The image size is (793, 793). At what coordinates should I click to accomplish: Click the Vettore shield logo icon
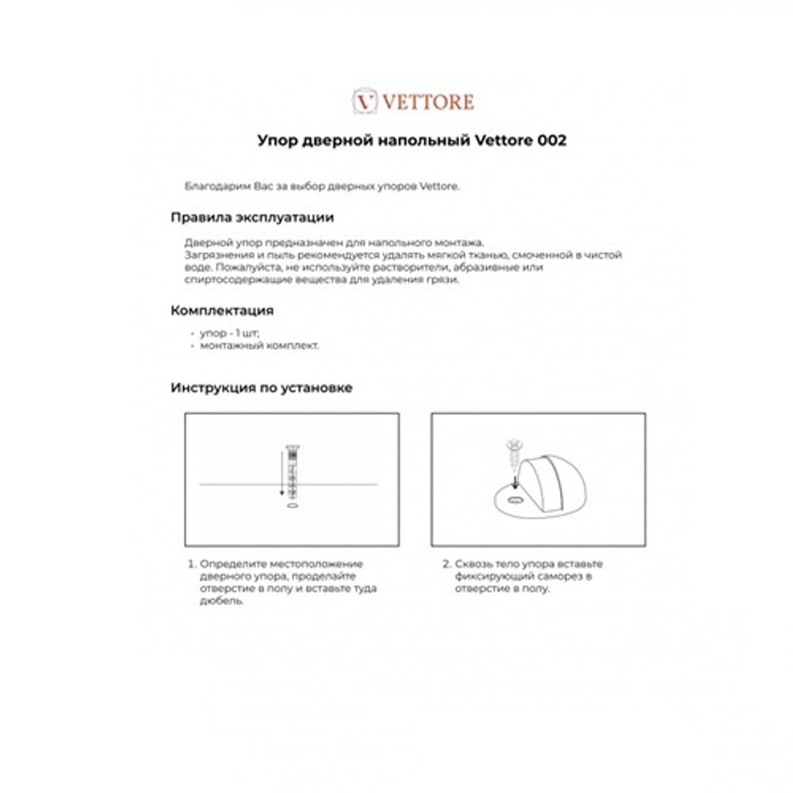(x=364, y=102)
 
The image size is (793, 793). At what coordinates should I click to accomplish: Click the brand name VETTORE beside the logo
(x=428, y=102)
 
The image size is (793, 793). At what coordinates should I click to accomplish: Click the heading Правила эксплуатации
(x=251, y=217)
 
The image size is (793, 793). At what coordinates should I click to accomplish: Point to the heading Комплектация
(x=222, y=310)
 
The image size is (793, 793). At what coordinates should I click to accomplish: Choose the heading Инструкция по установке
(x=261, y=388)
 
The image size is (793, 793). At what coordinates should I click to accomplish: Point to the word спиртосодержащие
(x=230, y=280)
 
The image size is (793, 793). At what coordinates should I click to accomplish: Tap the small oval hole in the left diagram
(x=292, y=504)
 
